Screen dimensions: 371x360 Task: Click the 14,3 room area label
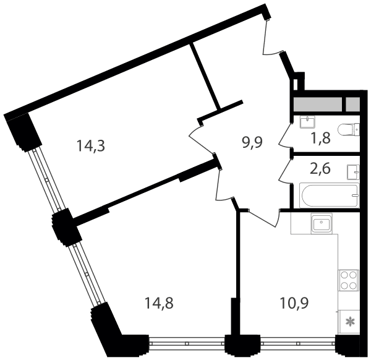(x=91, y=146)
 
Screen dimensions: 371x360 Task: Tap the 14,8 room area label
(x=160, y=303)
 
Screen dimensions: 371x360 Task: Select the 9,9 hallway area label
(x=252, y=142)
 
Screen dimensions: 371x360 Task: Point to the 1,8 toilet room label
(x=320, y=138)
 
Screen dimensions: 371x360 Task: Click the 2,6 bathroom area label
(x=320, y=169)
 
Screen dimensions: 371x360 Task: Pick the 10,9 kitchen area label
(x=294, y=303)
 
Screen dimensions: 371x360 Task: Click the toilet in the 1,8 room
(x=349, y=130)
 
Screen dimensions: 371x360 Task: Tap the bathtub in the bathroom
(x=330, y=195)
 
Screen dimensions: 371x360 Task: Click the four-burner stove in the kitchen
(x=349, y=280)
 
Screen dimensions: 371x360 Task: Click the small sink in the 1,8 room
(x=307, y=122)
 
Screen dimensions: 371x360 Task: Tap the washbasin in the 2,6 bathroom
(x=353, y=172)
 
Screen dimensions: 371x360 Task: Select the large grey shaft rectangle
(x=318, y=105)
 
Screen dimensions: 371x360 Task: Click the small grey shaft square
(x=353, y=105)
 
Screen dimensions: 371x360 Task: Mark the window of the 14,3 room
(x=46, y=180)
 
